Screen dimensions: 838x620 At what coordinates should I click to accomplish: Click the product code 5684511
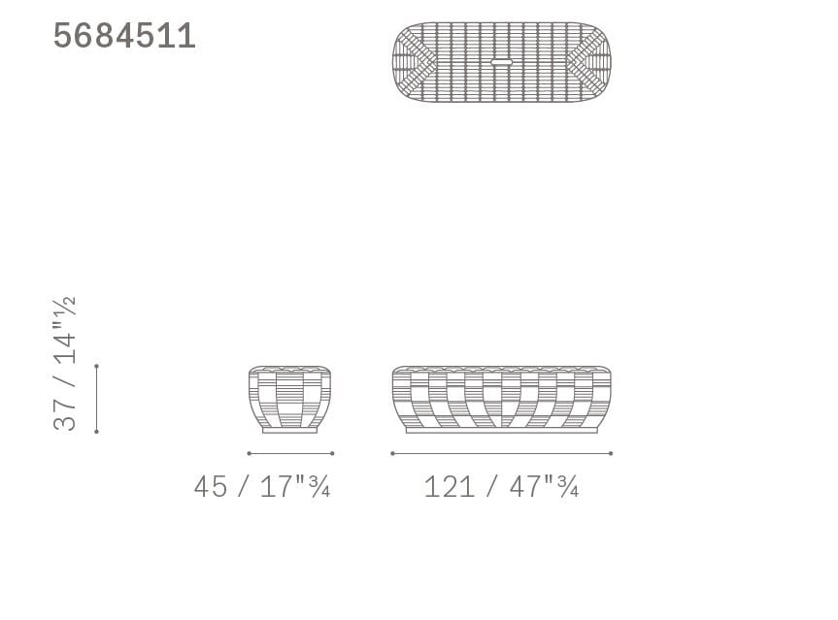pos(124,36)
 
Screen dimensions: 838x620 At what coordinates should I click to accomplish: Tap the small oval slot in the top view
pos(501,62)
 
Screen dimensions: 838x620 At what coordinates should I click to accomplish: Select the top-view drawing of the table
pos(501,62)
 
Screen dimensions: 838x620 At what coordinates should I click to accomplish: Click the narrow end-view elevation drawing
pos(289,400)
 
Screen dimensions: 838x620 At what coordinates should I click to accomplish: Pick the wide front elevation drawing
pos(501,400)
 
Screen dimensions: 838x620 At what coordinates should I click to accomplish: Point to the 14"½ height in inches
pos(65,331)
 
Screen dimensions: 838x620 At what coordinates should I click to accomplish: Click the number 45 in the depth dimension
pos(210,486)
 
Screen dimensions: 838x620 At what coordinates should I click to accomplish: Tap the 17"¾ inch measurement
pos(295,486)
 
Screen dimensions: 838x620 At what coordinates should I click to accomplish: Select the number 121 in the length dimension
pos(449,486)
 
